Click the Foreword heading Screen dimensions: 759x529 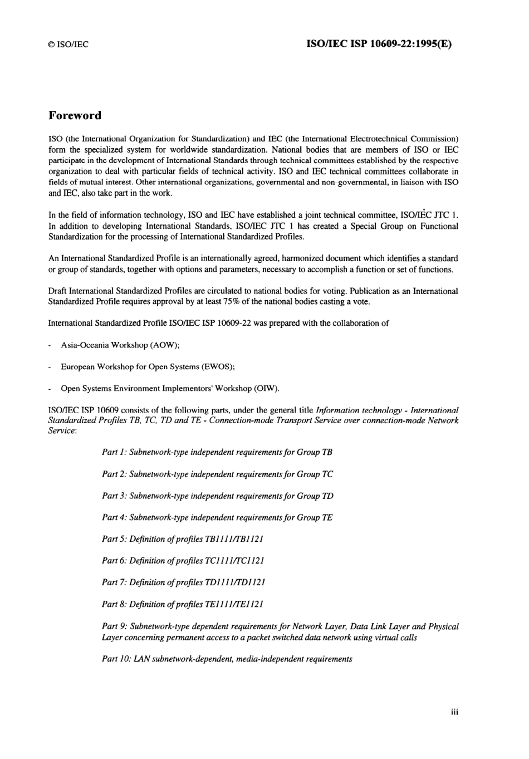[x=75, y=116]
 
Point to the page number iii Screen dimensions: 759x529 [x=454, y=711]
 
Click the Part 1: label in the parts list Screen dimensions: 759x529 [x=114, y=452]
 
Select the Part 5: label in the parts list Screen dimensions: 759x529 [x=114, y=539]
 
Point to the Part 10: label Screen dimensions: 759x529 [x=116, y=659]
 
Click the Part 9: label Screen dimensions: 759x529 [x=114, y=626]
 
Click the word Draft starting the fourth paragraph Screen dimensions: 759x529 [x=57, y=291]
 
